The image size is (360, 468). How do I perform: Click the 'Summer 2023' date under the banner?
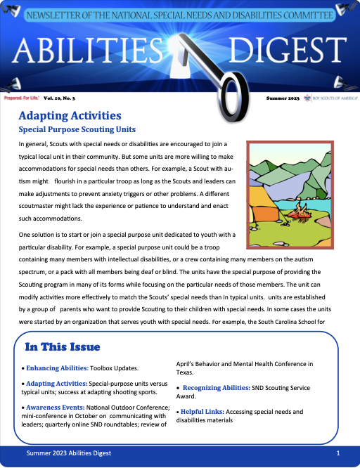[x=283, y=100]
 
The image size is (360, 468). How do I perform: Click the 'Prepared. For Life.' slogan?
[x=22, y=100]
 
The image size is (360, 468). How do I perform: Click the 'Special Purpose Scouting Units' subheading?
[x=77, y=130]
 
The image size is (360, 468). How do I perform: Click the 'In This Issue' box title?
[x=63, y=347]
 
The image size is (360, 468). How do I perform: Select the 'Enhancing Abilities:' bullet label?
[x=56, y=368]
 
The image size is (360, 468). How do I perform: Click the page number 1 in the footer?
[x=338, y=455]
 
